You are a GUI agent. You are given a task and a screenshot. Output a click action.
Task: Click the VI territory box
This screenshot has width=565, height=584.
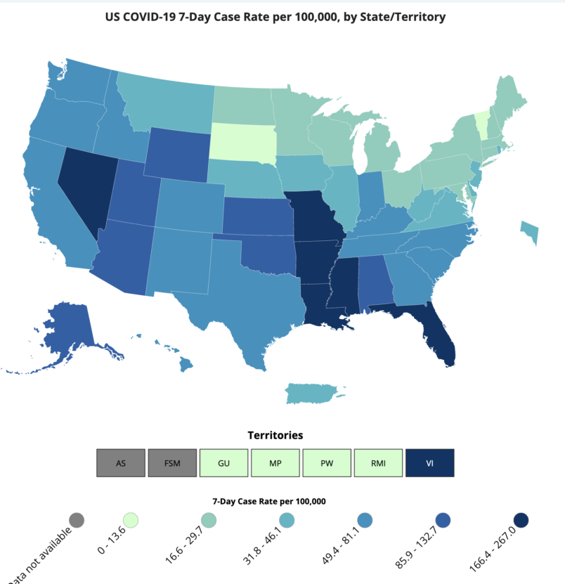click(x=430, y=462)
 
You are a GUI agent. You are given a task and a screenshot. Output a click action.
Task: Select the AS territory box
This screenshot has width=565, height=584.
click(x=121, y=462)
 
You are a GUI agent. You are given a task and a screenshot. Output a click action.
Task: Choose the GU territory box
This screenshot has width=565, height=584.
click(x=224, y=462)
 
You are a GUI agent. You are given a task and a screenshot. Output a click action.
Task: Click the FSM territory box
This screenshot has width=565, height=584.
click(x=172, y=462)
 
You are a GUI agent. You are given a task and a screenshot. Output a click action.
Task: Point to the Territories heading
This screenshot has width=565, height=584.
click(x=275, y=436)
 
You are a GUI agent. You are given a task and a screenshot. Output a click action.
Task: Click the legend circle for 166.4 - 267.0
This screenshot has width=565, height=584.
click(x=521, y=520)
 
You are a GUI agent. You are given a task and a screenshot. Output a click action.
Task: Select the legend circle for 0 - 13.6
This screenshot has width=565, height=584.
click(x=131, y=520)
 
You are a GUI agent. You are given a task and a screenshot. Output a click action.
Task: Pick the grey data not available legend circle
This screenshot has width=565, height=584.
click(x=77, y=520)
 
